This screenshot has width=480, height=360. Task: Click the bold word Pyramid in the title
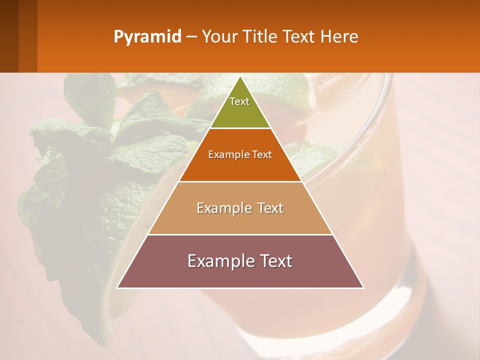(x=147, y=36)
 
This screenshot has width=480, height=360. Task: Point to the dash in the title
(x=191, y=37)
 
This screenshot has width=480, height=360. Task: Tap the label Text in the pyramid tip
(x=239, y=101)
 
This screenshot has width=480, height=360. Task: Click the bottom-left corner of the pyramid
(x=117, y=287)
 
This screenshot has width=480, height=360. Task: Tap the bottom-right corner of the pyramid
(x=363, y=287)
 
